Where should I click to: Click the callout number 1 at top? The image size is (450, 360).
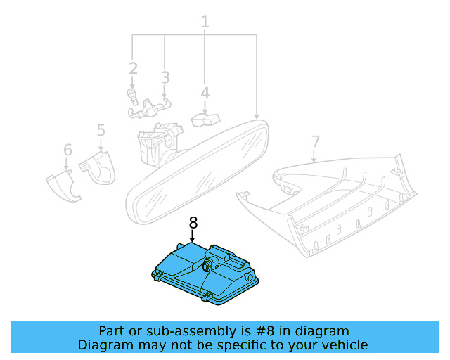coord(205,22)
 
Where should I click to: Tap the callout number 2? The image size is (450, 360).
coord(133,68)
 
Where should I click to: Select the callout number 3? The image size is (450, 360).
coord(165,77)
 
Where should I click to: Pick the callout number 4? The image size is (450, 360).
coord(205,93)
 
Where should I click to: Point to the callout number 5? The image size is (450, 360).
coord(101,130)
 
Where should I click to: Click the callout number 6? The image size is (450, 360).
coord(67,149)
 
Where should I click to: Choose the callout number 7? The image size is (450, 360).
coord(315,141)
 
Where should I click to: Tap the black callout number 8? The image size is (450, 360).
coord(193,223)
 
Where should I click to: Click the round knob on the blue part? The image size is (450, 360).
coord(209,265)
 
